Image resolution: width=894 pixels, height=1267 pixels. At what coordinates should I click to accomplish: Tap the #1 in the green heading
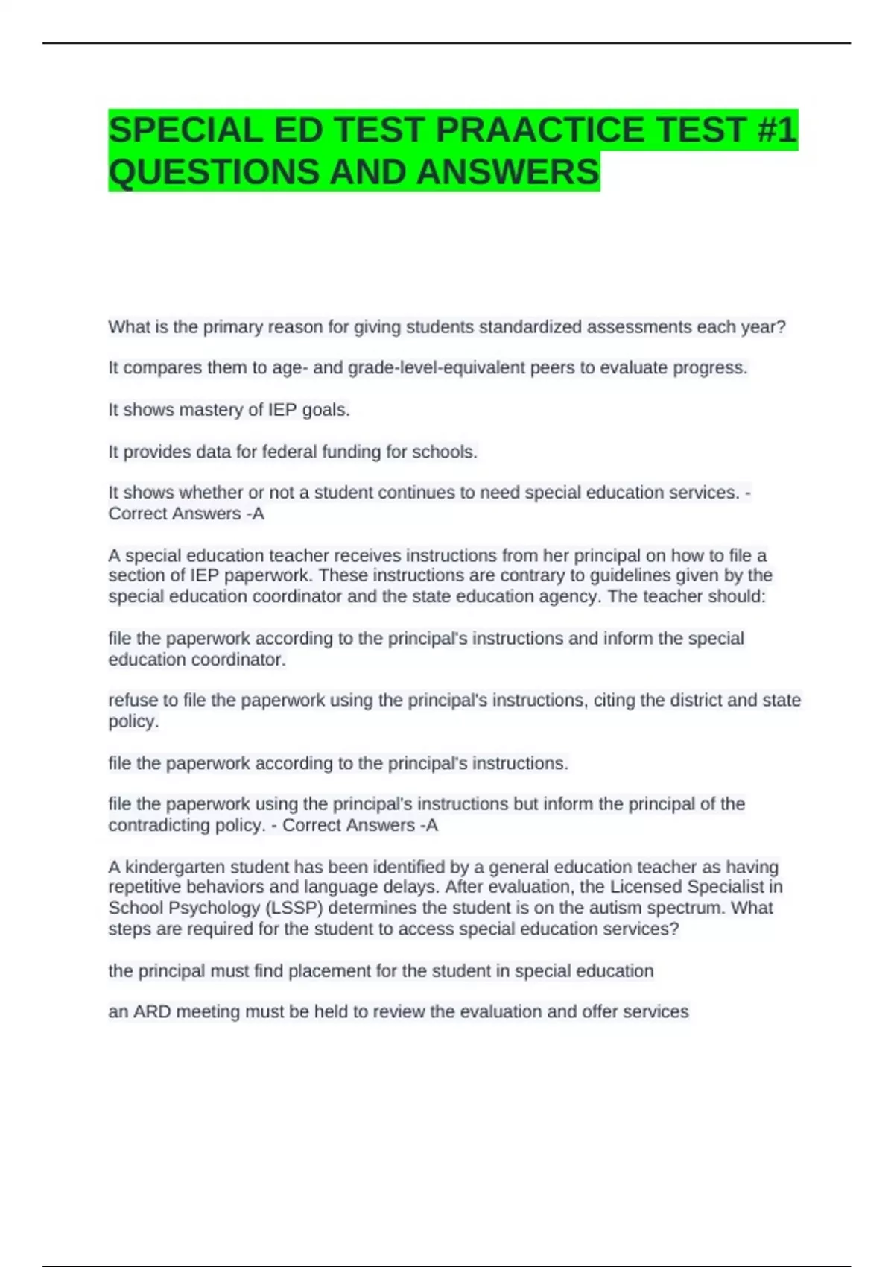[776, 130]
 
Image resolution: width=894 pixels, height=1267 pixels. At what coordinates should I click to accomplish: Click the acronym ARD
[152, 1012]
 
